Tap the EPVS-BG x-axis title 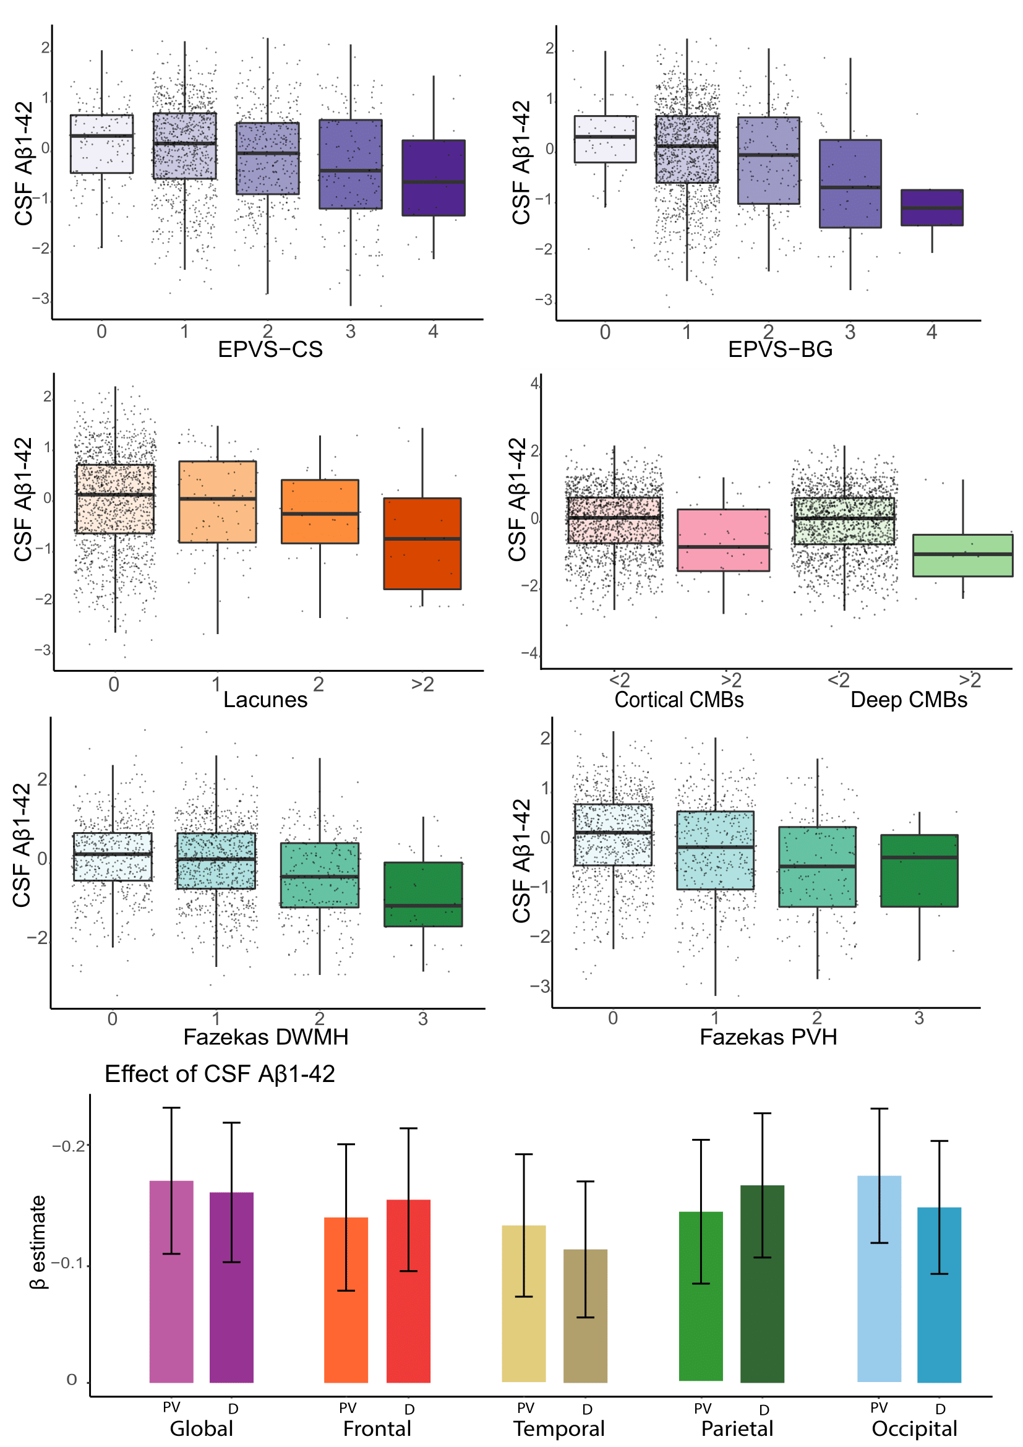pyautogui.click(x=780, y=349)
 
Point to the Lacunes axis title pyautogui.click(x=265, y=700)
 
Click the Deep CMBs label pyautogui.click(x=909, y=700)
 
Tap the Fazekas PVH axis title pyautogui.click(x=769, y=1037)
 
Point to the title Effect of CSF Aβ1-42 pyautogui.click(x=219, y=1074)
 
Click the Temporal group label pyautogui.click(x=559, y=1428)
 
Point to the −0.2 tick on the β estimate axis pyautogui.click(x=69, y=1146)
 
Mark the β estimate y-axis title pyautogui.click(x=38, y=1242)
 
